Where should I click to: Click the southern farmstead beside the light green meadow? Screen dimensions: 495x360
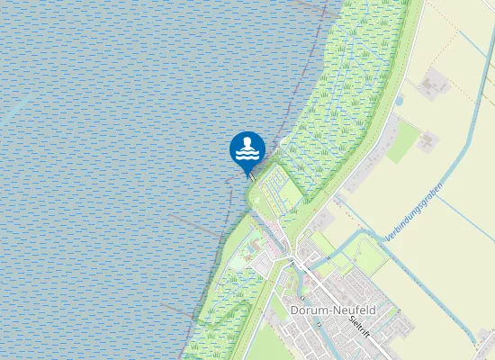pos(425,140)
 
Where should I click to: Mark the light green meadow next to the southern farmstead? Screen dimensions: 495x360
pos(402,140)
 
